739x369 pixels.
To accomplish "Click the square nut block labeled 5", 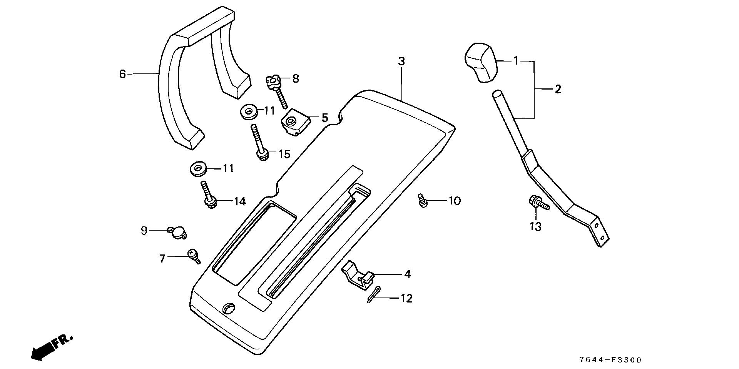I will point(296,123).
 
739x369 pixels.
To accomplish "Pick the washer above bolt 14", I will point(199,169).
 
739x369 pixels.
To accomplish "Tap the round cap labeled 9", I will point(177,231).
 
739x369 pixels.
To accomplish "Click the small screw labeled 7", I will point(194,255).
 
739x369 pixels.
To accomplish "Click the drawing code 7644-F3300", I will point(610,360).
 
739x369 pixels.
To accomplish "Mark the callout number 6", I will point(123,73).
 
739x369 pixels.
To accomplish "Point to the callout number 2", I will point(558,89).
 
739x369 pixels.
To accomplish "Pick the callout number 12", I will point(406,298).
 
